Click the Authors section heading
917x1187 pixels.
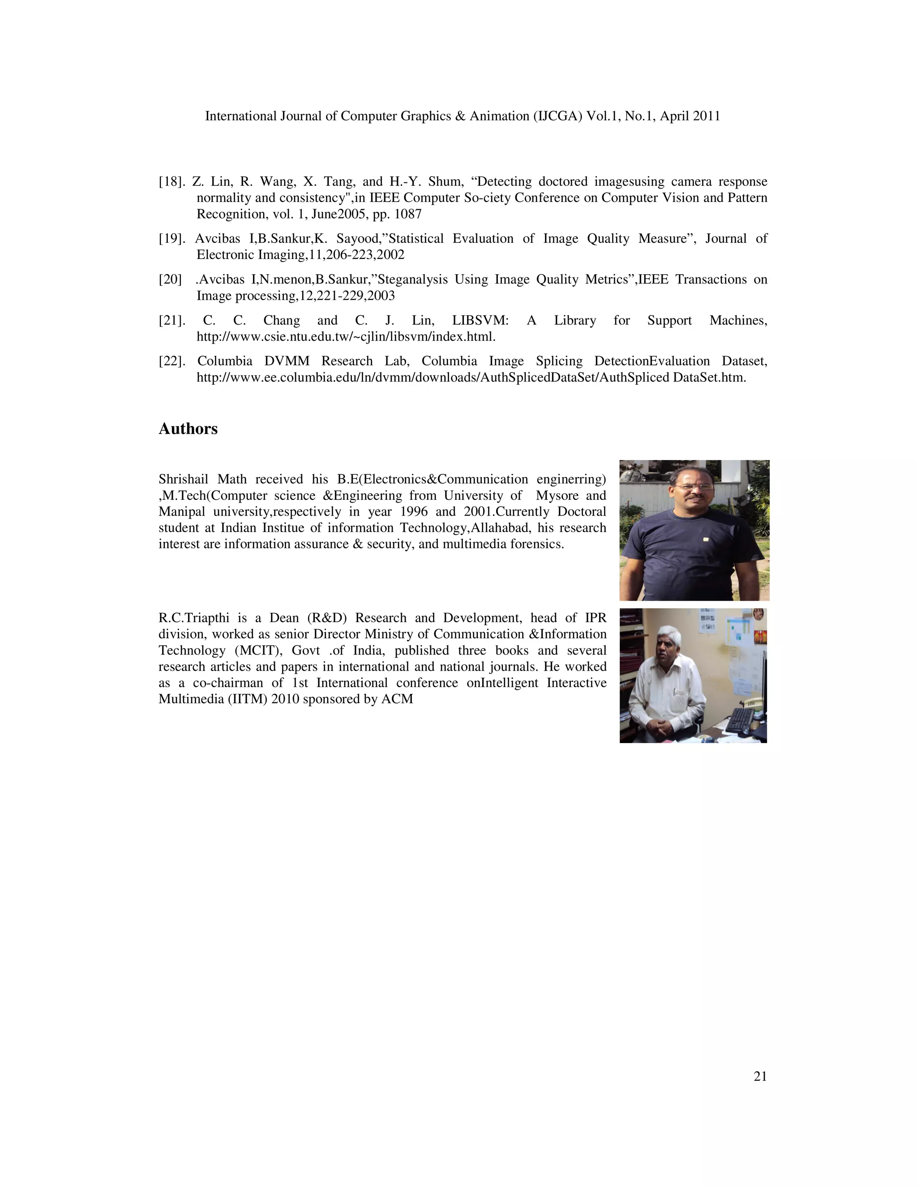[x=188, y=429]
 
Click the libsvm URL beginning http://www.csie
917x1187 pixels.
[x=346, y=337]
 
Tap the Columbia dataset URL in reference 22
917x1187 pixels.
[x=471, y=378]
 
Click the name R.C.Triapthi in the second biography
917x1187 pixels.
[x=193, y=618]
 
